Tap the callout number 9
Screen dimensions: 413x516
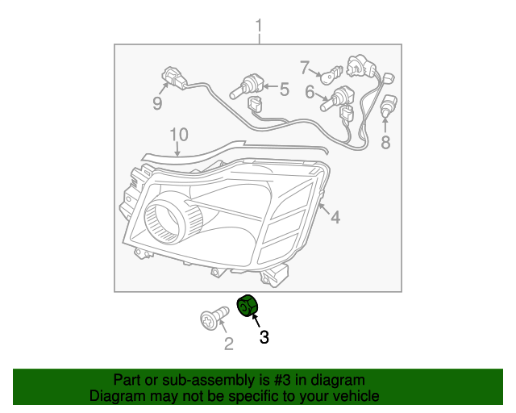pyautogui.click(x=157, y=104)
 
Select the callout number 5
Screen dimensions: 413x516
pyautogui.click(x=284, y=89)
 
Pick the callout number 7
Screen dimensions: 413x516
pyautogui.click(x=305, y=67)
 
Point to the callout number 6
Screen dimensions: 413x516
pyautogui.click(x=309, y=93)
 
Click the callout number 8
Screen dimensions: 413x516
pyautogui.click(x=385, y=144)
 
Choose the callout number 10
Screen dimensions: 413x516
pyautogui.click(x=178, y=134)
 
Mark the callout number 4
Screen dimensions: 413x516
pyautogui.click(x=335, y=216)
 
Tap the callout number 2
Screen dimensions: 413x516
pyautogui.click(x=228, y=345)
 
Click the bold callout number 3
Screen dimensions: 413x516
pyautogui.click(x=264, y=338)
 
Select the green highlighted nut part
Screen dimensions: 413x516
pyautogui.click(x=246, y=307)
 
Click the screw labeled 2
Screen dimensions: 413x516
pyautogui.click(x=212, y=319)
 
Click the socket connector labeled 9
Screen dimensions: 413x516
pyautogui.click(x=173, y=79)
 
